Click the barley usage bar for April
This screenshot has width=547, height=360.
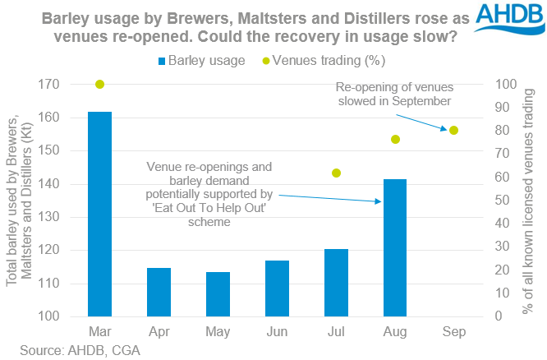pyautogui.click(x=159, y=292)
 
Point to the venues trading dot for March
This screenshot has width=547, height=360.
pyautogui.click(x=100, y=84)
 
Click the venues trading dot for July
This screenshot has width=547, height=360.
pyautogui.click(x=336, y=173)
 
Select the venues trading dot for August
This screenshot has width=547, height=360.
pyautogui.click(x=395, y=139)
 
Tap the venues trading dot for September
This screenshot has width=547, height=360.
pyautogui.click(x=453, y=130)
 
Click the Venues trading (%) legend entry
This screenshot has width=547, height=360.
pyautogui.click(x=321, y=60)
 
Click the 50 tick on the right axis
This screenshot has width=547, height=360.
pyautogui.click(x=498, y=201)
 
